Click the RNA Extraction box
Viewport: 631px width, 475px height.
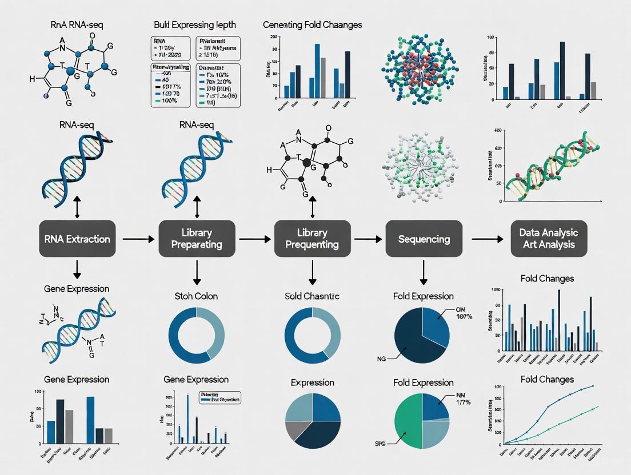78,239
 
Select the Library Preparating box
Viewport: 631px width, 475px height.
197,239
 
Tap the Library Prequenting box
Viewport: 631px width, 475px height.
313,239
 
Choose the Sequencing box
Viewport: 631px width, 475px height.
424,239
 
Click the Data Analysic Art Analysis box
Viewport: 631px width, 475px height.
549,239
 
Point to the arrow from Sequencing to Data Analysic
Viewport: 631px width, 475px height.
485,239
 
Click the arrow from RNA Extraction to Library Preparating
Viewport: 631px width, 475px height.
137,239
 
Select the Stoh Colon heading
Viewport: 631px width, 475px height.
196,296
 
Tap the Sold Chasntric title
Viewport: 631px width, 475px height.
312,296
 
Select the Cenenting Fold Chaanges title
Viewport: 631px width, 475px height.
312,25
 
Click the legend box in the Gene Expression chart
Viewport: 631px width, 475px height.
219,397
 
